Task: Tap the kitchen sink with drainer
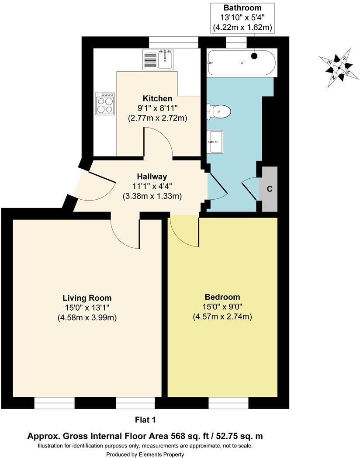click(x=158, y=60)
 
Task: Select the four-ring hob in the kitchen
click(x=105, y=104)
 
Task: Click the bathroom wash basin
click(x=216, y=142)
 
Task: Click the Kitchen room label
click(x=157, y=98)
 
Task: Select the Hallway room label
click(x=152, y=177)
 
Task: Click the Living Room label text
click(x=87, y=298)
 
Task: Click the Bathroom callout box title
click(x=242, y=8)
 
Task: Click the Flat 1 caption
click(x=145, y=420)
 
